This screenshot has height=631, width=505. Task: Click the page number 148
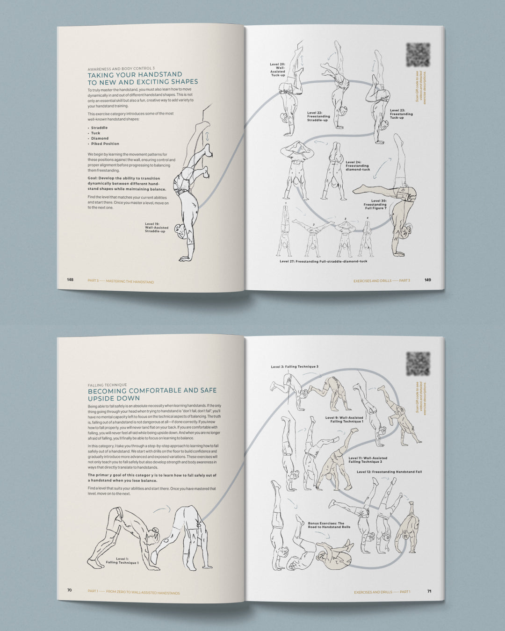pos(70,280)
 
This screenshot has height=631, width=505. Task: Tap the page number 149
pos(427,280)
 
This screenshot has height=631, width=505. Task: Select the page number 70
pos(70,590)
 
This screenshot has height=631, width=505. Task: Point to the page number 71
pos(429,591)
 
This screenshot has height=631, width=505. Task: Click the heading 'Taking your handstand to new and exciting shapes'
pos(143,78)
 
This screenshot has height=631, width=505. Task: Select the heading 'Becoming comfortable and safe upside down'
pos(152,394)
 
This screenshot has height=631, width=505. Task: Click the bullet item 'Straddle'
pos(99,128)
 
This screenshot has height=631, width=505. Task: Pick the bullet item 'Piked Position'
pos(105,144)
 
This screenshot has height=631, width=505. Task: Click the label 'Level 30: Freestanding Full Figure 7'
pos(375,204)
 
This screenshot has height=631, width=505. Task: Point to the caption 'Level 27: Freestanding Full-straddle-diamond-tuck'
pos(323,261)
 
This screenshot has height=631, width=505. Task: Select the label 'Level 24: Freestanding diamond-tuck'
pos(358,166)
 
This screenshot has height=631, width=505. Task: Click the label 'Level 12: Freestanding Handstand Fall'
pos(389,472)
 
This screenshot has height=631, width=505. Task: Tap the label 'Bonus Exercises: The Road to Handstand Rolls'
pos(329,525)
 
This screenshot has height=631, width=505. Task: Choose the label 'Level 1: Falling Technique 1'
pos(122,560)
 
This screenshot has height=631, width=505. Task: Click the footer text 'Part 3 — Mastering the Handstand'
pos(121,282)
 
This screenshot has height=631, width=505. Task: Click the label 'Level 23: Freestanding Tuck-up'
pos(401,114)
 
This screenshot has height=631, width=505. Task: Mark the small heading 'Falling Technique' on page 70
pos(107,385)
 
